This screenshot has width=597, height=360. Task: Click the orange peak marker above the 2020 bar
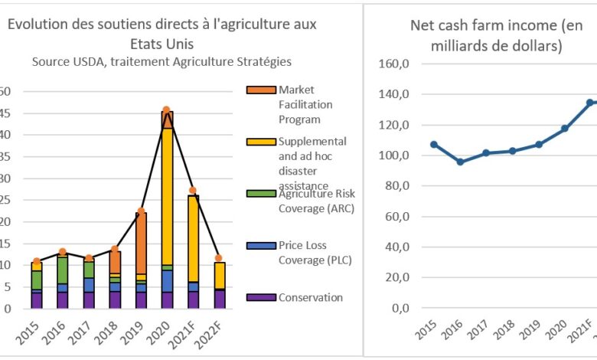(x=166, y=110)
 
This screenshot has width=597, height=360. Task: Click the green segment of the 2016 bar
(x=63, y=270)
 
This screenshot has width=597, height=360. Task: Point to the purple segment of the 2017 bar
(x=89, y=299)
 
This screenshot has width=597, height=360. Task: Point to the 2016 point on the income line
(x=460, y=162)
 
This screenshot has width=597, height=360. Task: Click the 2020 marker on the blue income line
(x=565, y=129)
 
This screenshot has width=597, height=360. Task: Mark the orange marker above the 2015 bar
(x=37, y=261)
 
